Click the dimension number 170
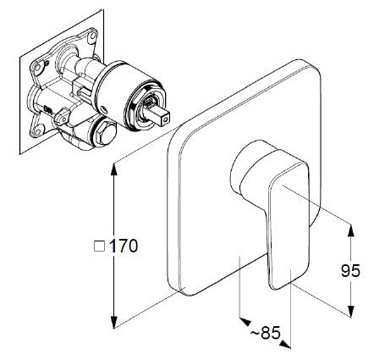(123, 246)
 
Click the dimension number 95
(350, 270)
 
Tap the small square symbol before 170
(98, 246)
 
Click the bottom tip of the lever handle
(279, 286)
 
